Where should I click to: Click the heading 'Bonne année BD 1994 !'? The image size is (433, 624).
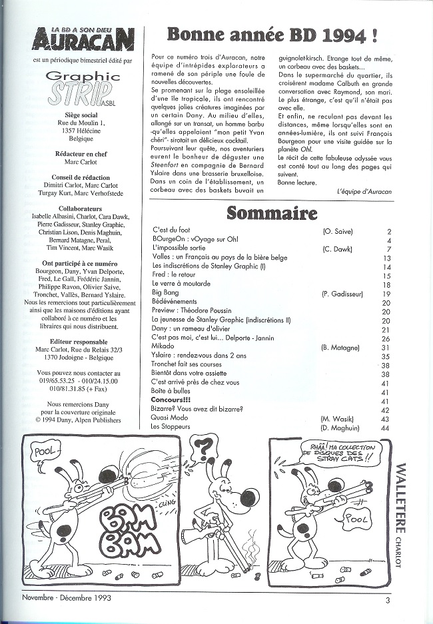click(275, 35)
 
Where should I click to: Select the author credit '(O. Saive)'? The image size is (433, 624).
click(337, 231)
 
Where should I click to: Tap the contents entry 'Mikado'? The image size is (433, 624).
click(163, 347)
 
